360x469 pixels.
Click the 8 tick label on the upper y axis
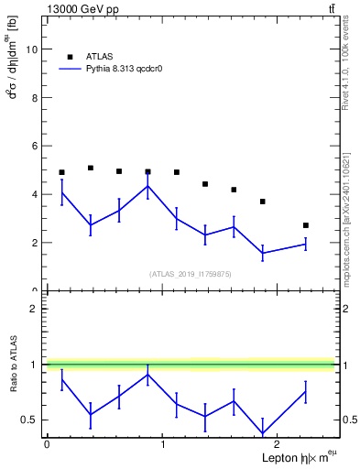point(36,98)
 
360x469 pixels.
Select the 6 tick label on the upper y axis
point(36,146)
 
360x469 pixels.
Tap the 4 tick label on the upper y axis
point(36,194)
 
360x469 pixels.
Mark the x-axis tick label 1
point(162,444)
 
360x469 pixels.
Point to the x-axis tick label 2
point(278,444)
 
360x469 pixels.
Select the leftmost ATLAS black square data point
point(61,172)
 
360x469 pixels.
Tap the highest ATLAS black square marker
point(91,168)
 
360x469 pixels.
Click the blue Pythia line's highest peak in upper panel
point(147,186)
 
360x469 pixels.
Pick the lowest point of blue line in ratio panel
point(263,433)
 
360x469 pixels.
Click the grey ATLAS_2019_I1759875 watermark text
point(191,273)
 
